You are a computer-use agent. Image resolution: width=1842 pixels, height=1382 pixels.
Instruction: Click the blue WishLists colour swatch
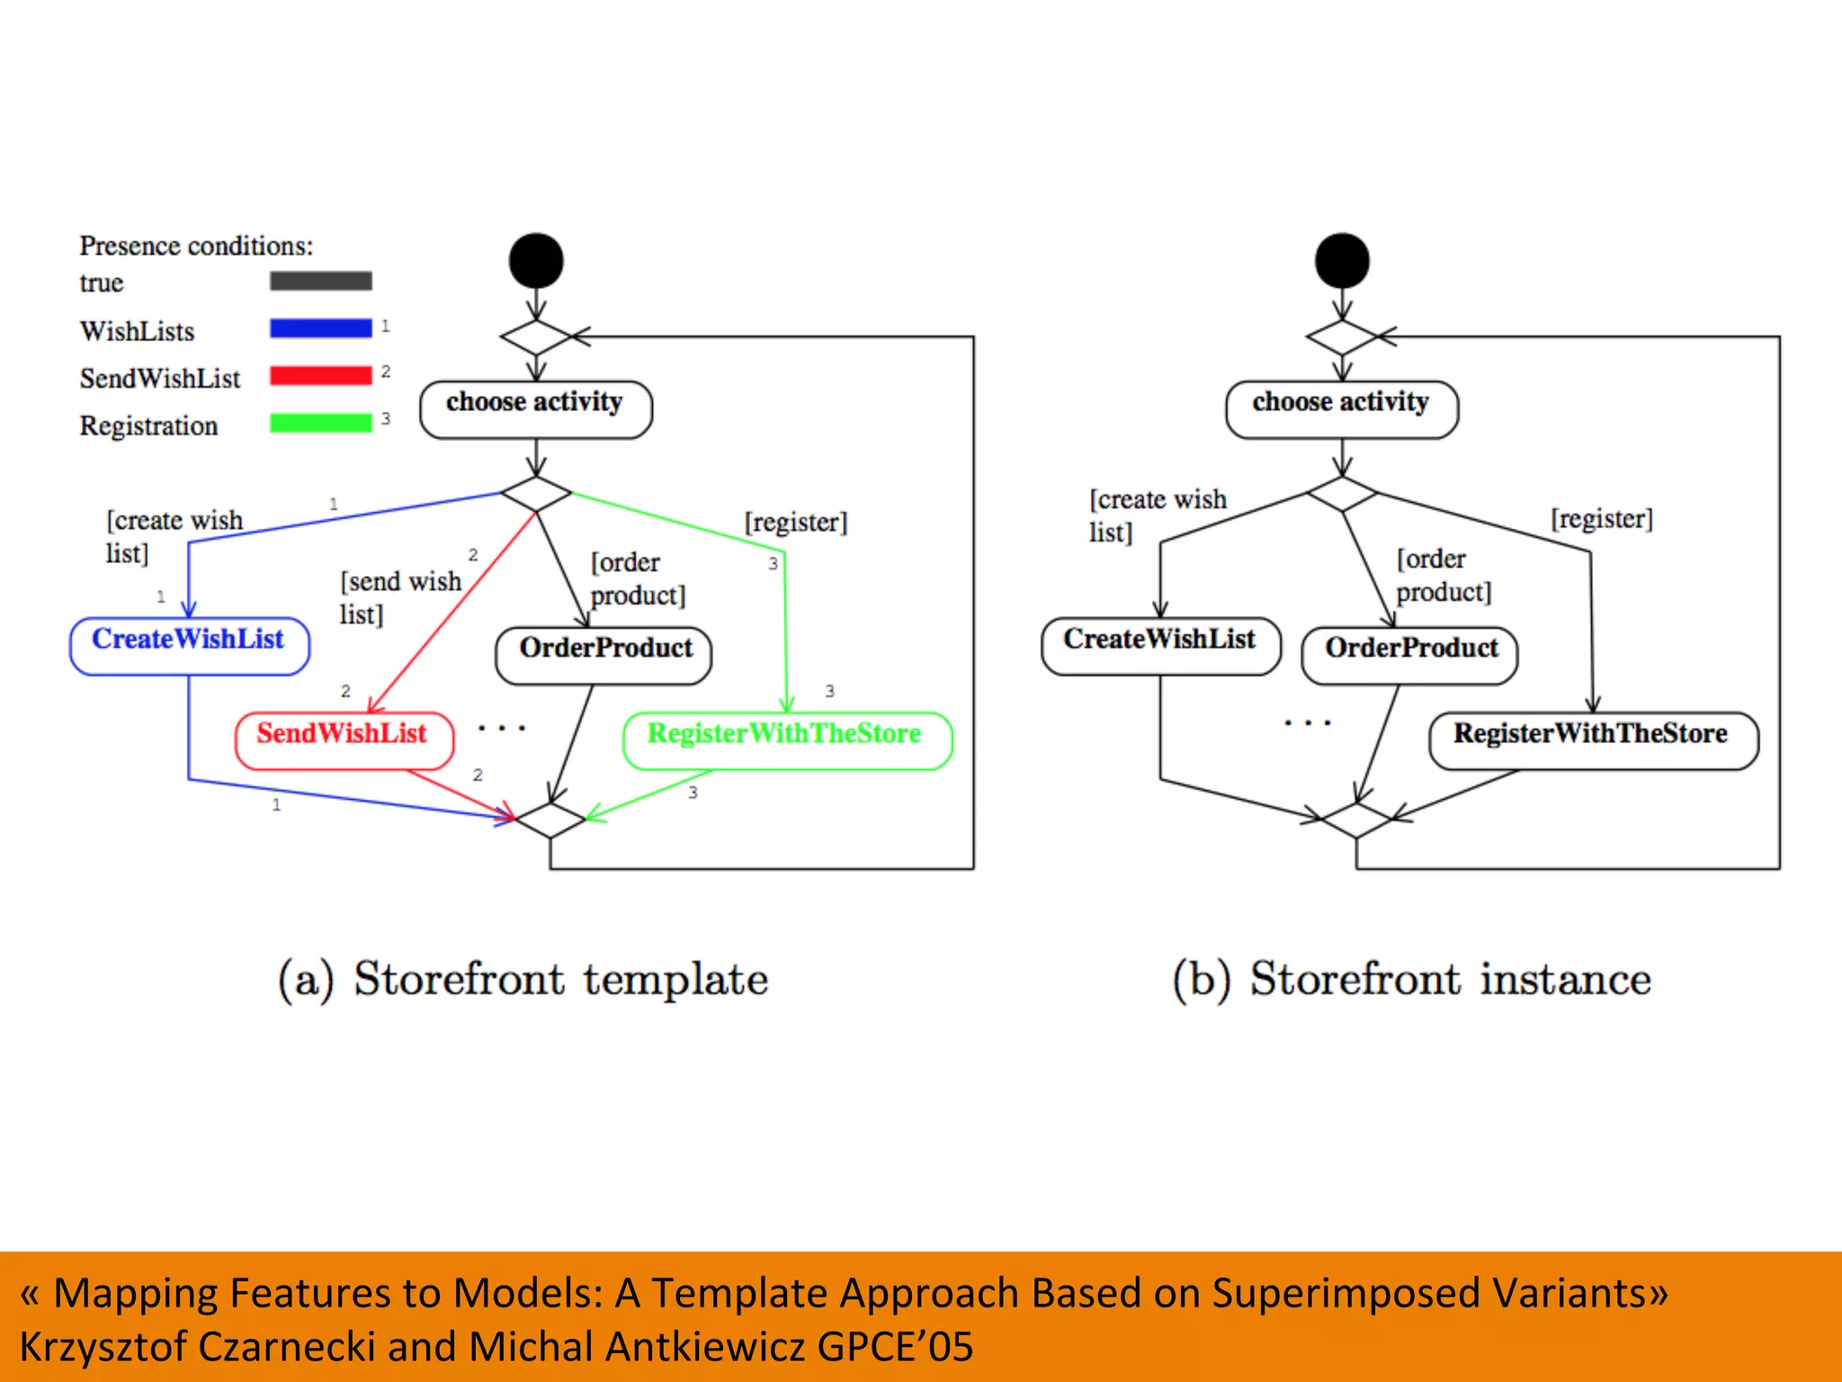[x=320, y=328]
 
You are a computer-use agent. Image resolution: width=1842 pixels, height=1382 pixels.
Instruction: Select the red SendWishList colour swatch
[x=320, y=375]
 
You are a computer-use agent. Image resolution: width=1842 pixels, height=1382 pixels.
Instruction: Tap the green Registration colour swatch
[x=320, y=422]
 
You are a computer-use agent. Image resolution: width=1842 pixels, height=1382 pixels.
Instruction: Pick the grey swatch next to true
[x=320, y=281]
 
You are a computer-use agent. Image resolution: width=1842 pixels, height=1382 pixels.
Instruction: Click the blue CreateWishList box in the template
[x=189, y=645]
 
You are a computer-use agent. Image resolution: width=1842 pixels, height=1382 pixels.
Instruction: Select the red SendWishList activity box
[x=344, y=740]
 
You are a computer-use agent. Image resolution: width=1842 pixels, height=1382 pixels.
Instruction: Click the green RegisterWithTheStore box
[x=787, y=740]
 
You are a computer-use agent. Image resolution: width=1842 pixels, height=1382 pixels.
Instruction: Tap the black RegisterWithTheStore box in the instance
[x=1593, y=740]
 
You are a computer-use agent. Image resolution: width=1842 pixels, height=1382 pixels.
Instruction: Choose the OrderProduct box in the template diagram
[x=604, y=654]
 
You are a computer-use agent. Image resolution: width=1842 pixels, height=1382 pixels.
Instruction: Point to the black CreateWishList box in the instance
[x=1160, y=645]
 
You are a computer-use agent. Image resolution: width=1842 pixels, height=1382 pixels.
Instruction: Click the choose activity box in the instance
[x=1341, y=408]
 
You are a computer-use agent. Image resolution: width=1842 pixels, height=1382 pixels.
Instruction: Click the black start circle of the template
[x=536, y=261]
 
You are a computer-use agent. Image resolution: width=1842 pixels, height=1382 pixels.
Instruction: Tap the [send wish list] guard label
[x=399, y=597]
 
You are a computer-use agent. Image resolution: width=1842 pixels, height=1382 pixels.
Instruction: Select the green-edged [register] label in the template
[x=796, y=522]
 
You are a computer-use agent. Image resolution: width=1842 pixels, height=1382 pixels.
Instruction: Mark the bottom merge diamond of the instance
[x=1356, y=820]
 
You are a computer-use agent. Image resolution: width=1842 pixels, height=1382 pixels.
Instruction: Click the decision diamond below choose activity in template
[x=536, y=494]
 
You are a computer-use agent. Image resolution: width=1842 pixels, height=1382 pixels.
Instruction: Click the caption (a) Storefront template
[x=523, y=979]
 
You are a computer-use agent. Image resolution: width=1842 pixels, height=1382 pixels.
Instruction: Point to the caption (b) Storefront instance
[x=1412, y=979]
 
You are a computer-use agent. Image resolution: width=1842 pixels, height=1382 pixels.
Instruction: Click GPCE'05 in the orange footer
[x=895, y=1347]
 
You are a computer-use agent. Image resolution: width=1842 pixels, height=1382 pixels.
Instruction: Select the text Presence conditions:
[x=196, y=246]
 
